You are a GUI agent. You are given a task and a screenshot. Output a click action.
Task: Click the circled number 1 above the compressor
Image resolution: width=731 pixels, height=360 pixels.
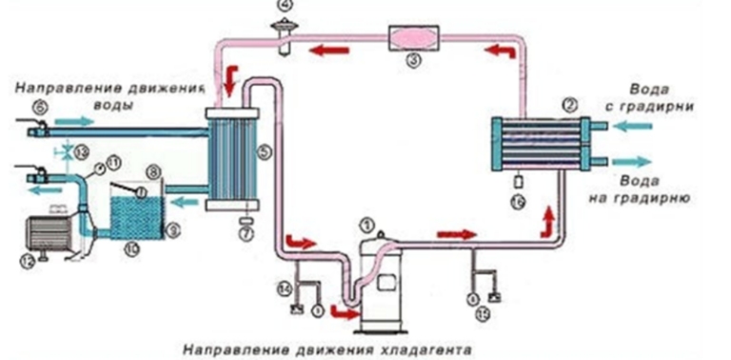point(367,227)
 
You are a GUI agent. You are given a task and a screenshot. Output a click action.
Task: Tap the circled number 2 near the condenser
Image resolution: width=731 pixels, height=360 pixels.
point(570,104)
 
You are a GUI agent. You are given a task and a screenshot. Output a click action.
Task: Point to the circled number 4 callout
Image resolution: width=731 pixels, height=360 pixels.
point(286,8)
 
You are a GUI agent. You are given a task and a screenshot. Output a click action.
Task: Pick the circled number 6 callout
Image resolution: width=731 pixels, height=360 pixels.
point(40,110)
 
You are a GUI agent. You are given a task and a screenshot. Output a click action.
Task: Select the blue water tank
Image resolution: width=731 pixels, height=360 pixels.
point(133,222)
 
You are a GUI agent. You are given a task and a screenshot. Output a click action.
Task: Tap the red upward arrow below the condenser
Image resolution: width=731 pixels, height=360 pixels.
point(546,222)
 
